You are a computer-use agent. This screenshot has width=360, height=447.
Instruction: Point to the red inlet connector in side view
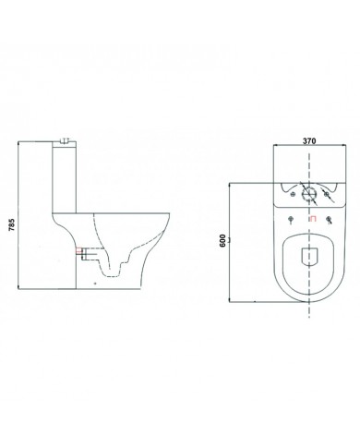[78, 251]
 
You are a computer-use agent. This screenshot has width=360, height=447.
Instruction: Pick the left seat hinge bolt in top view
[291, 218]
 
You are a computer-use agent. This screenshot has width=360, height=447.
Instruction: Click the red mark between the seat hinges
[309, 218]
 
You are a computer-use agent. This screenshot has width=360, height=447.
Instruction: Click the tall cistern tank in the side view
[66, 185]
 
